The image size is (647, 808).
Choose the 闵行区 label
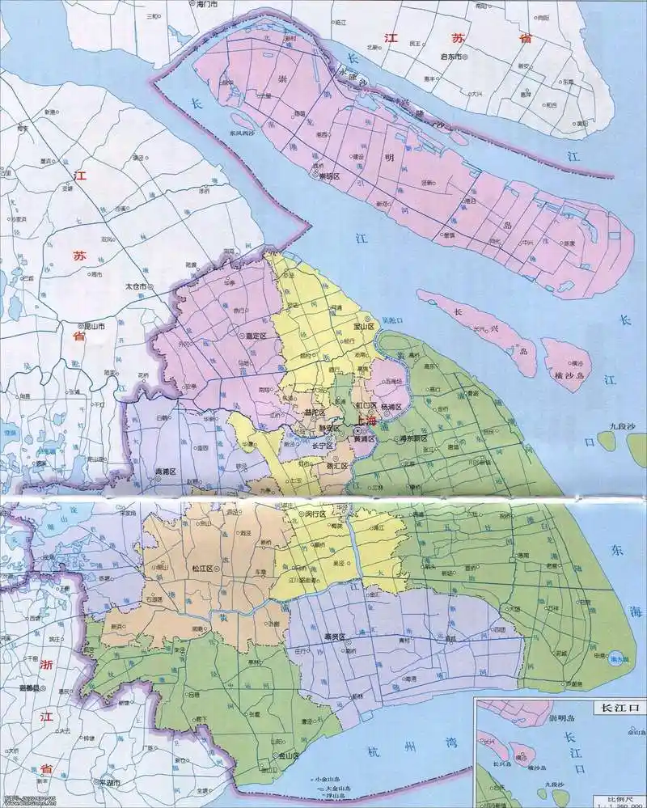click(x=315, y=514)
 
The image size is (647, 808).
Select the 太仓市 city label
click(x=134, y=286)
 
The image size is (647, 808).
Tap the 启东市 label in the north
click(x=450, y=57)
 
